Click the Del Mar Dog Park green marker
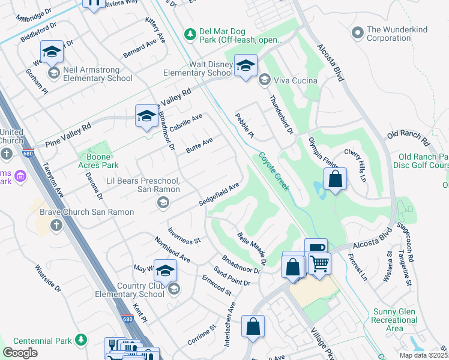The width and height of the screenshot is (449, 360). pos(190,33)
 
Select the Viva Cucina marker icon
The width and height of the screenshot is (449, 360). pos(264,80)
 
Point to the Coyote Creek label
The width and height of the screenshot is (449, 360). pos(274,171)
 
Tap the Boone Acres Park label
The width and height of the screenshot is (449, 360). pos(98,161)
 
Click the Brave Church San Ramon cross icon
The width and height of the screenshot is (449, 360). pos(56,225)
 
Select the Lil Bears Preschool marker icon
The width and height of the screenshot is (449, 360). pos(162,203)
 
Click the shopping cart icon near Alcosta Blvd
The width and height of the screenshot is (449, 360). pos(319,263)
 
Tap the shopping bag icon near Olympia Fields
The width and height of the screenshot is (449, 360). pos(335,179)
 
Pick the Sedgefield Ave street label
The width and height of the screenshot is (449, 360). pos(220,194)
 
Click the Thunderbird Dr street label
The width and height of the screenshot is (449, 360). pos(281,115)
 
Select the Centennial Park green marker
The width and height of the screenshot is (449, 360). pos(80,341)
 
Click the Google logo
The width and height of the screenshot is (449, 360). pos(20,353)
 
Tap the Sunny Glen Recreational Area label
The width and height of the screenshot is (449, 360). pos(394,320)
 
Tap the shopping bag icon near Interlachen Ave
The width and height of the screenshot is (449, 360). pos(253,327)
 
